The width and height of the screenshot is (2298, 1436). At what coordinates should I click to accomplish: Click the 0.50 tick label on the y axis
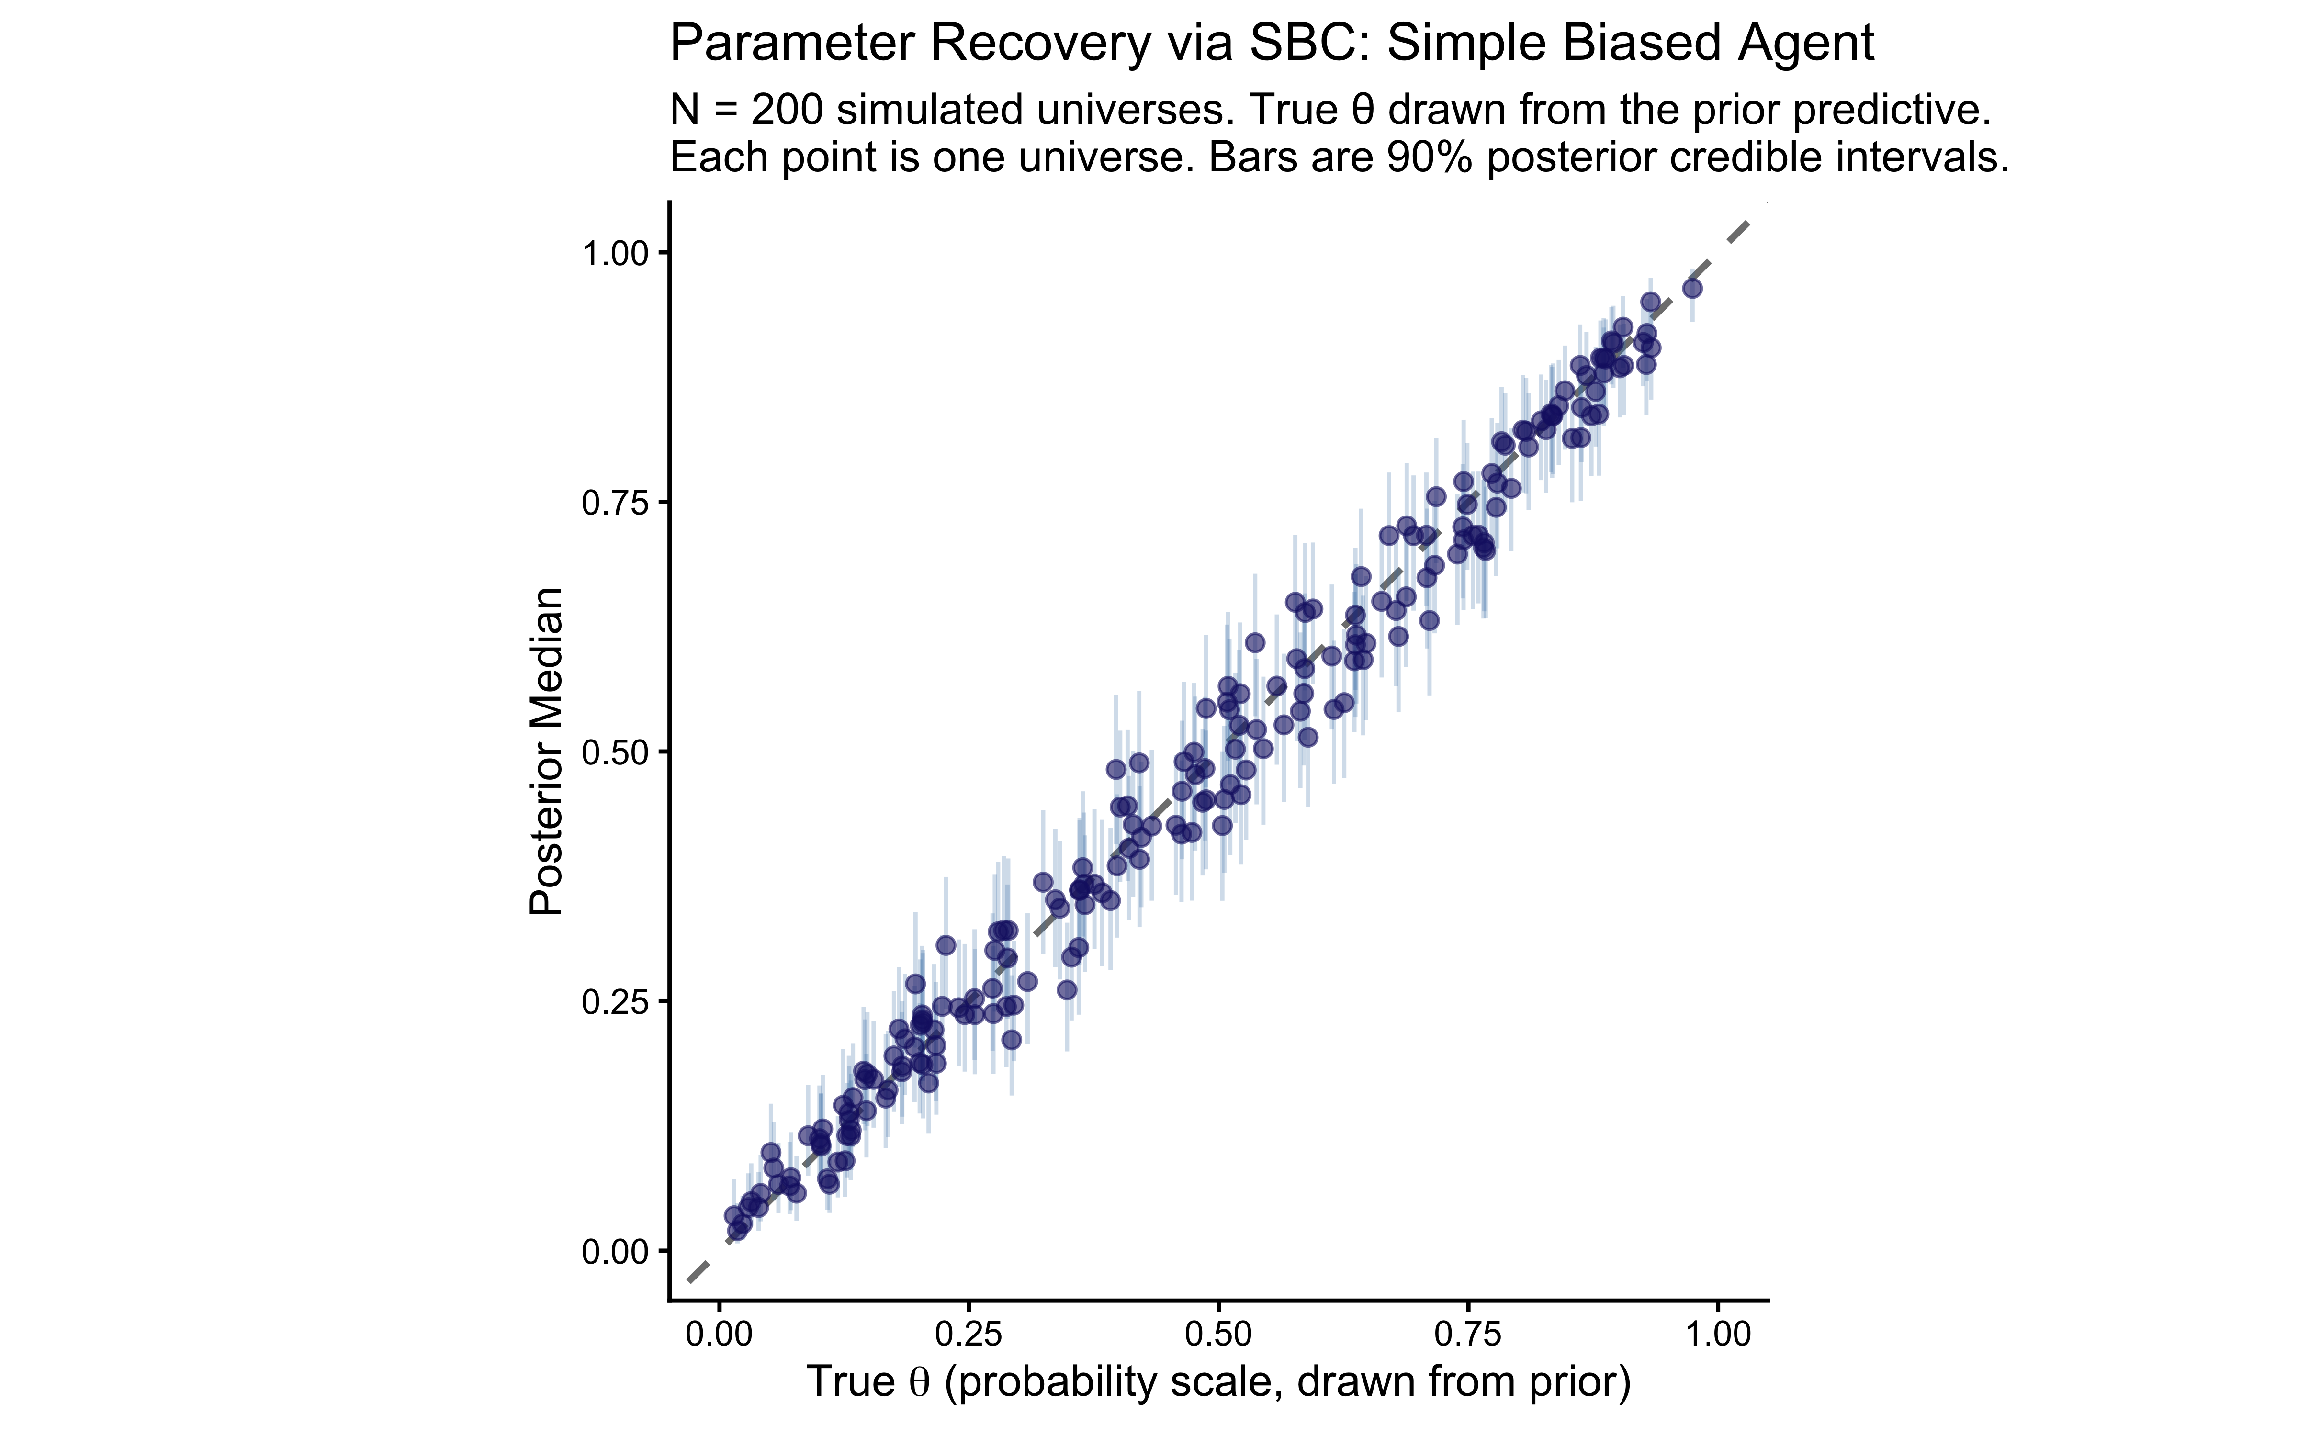pyautogui.click(x=613, y=752)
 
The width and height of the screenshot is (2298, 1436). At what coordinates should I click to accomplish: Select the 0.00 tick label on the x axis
pyautogui.click(x=719, y=1335)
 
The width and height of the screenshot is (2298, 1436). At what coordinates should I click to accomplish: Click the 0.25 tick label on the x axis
pyautogui.click(x=969, y=1335)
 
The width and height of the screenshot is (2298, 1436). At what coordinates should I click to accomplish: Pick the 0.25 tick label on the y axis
pyautogui.click(x=613, y=1002)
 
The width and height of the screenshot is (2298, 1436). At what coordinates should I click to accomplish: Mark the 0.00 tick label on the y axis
pyautogui.click(x=613, y=1252)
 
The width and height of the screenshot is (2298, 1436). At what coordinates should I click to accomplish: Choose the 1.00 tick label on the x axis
pyautogui.click(x=1717, y=1335)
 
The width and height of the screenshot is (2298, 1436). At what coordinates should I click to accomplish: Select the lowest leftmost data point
pyautogui.click(x=737, y=1232)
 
